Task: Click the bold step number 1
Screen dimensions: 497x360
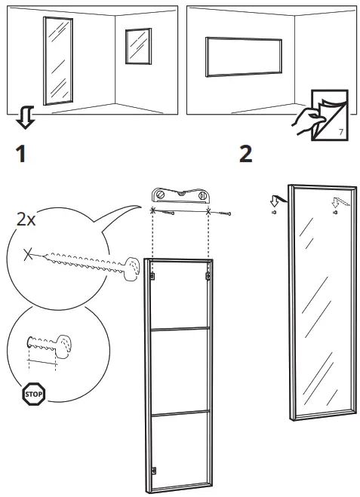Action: tap(22, 155)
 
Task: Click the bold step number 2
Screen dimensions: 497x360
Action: tap(245, 155)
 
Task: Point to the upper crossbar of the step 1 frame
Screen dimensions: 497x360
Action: tap(180, 329)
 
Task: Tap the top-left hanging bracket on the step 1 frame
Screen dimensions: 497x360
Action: tap(153, 278)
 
